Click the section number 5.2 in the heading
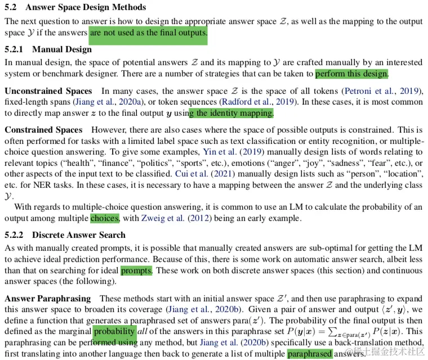coord(11,7)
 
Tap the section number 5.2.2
coord(15,235)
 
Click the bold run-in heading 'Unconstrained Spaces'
coord(48,91)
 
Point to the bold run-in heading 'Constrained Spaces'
coord(43,129)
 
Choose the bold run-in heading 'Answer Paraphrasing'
coord(47,298)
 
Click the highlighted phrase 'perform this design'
coord(351,74)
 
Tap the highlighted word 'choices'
coord(104,218)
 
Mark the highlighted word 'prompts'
coord(136,271)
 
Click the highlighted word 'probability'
coord(115,331)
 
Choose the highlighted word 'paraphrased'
coord(309,354)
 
